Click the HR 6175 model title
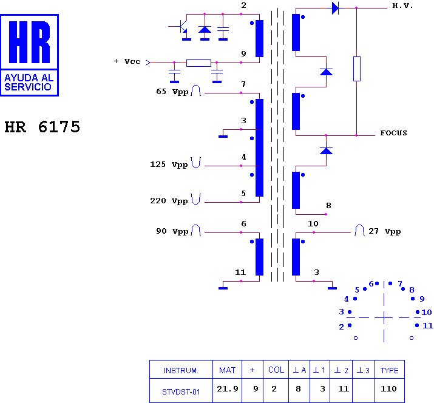click(x=42, y=127)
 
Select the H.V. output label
click(x=402, y=6)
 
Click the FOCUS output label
click(x=393, y=133)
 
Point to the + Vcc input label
click(x=127, y=61)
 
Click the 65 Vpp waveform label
click(x=172, y=92)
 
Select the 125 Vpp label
click(x=169, y=164)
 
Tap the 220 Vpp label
click(x=169, y=201)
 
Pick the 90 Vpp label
click(x=172, y=231)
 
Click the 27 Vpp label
click(x=385, y=231)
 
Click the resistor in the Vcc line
click(x=198, y=63)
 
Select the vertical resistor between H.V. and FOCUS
click(x=357, y=69)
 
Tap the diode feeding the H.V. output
click(x=335, y=8)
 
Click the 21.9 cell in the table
click(x=228, y=389)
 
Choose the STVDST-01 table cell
click(x=181, y=392)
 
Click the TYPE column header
click(x=390, y=370)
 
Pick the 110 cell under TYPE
click(x=388, y=389)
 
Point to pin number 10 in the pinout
click(x=427, y=312)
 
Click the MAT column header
click(x=227, y=370)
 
